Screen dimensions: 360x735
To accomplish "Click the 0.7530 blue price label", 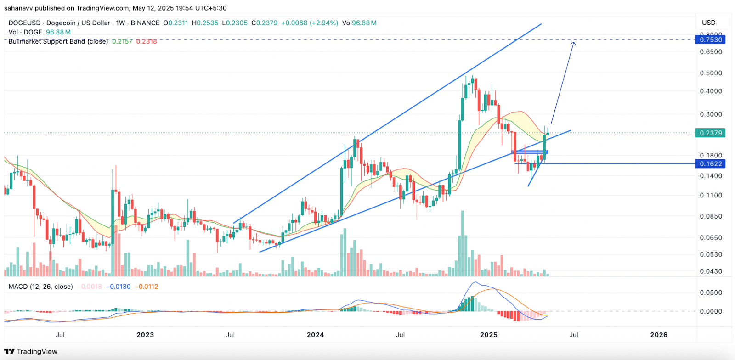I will [x=711, y=40].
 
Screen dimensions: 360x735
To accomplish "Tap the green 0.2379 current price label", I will [x=711, y=133].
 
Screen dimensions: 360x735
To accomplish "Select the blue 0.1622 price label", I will [x=711, y=164].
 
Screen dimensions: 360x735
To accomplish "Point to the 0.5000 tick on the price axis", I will [x=711, y=73].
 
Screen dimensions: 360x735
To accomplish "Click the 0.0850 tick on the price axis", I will [x=711, y=216].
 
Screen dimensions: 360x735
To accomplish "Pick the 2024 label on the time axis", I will [x=315, y=335].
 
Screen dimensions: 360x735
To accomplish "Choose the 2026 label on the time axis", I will [x=659, y=335].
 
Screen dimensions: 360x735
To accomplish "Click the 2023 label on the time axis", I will [x=145, y=335].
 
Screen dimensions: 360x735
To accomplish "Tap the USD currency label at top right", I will [x=708, y=22].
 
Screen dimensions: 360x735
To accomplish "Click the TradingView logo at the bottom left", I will [x=31, y=352].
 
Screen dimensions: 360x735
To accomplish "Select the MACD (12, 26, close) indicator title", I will [x=40, y=287].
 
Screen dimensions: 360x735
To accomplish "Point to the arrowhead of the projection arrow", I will [x=573, y=43].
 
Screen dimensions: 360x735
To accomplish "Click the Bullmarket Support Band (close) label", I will [x=58, y=41].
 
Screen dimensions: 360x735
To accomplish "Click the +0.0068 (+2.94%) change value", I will [x=310, y=23].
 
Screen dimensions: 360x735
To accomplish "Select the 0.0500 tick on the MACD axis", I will [x=711, y=292].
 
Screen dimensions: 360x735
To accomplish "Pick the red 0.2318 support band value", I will [x=147, y=41].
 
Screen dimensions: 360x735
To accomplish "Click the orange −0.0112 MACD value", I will [x=146, y=287].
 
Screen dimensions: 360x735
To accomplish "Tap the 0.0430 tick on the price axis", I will [x=711, y=271].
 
